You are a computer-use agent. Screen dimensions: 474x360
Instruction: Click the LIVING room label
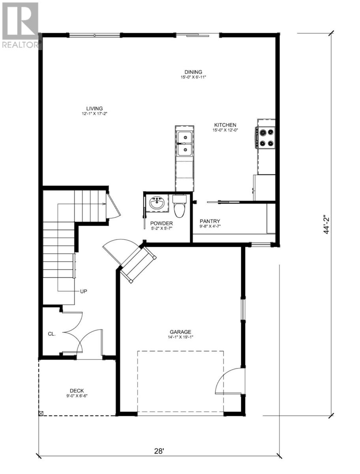[95, 108]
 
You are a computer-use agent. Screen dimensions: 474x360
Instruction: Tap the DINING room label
[193, 72]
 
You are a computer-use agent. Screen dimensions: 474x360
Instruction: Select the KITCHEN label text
[225, 124]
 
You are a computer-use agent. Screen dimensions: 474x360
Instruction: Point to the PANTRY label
[210, 221]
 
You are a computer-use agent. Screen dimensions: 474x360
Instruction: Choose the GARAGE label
[180, 332]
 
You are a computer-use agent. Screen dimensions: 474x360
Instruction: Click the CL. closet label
[52, 334]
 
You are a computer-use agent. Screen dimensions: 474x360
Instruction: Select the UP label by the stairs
[83, 292]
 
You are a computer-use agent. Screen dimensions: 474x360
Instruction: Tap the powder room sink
[157, 204]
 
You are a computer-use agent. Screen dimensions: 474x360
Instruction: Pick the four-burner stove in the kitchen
[266, 138]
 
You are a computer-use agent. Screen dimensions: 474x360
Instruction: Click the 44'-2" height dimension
[326, 225]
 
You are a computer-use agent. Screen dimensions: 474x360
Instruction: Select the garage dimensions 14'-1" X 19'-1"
[180, 337]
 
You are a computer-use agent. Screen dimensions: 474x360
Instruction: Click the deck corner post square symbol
[41, 413]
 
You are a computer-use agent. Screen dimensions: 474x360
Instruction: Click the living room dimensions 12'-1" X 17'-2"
[95, 114]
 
